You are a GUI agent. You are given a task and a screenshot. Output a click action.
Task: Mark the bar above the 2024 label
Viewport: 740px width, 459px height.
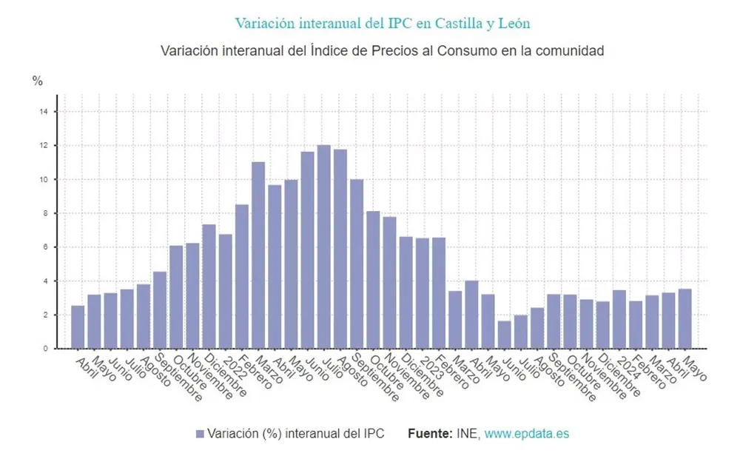(x=619, y=319)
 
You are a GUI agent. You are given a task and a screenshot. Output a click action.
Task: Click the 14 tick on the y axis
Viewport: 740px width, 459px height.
(x=44, y=112)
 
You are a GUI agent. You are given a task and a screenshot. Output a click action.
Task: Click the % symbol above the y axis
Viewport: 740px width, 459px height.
(x=38, y=81)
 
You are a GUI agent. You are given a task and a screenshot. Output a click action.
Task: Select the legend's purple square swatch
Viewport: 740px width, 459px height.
(x=199, y=434)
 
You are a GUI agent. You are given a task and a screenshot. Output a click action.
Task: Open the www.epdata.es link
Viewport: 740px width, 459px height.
(x=526, y=434)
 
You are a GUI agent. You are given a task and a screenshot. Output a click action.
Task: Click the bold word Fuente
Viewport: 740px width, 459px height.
(x=429, y=434)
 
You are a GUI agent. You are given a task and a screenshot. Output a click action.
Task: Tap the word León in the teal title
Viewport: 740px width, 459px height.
(x=512, y=23)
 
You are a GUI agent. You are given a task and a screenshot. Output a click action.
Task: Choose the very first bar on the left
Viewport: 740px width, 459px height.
(x=78, y=326)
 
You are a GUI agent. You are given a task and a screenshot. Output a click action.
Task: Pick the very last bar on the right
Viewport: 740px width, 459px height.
(x=684, y=318)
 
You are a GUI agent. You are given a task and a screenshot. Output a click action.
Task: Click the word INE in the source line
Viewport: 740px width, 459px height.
(x=467, y=434)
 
